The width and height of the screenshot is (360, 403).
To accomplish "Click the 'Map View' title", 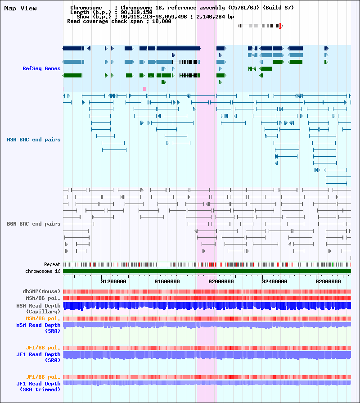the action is tap(20, 8).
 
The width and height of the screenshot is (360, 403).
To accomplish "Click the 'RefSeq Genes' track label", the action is tap(41, 68).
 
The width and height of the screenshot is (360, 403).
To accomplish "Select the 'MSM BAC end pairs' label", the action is tap(34, 140).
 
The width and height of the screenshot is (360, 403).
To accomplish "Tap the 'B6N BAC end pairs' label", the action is tap(34, 224).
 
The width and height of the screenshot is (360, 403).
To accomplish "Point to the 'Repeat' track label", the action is tap(52, 264).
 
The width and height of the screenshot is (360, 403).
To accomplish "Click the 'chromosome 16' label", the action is tap(43, 271).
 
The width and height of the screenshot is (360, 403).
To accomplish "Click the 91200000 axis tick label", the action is tap(113, 281).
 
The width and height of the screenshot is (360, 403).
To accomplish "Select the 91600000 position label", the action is tap(167, 281).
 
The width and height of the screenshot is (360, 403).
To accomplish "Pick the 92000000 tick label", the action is tap(221, 281).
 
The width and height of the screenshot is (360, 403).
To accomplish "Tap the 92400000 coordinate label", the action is tap(275, 281).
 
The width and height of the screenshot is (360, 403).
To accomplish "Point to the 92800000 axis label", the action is tap(328, 281).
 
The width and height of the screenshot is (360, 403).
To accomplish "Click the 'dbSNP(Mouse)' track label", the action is tap(41, 291).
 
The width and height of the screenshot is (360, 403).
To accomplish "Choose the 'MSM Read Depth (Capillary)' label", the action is tap(39, 309).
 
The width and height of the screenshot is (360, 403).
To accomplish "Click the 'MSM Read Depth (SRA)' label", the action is tap(39, 328).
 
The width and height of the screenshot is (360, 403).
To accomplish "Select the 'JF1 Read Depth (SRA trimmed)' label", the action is tap(39, 386).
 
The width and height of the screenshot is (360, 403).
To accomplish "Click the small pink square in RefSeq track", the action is tap(145, 89).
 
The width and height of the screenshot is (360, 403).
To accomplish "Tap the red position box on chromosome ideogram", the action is tap(280, 26).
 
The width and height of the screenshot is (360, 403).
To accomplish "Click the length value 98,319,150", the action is tap(136, 12).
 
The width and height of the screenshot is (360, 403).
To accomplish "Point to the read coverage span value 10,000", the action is tap(162, 21).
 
